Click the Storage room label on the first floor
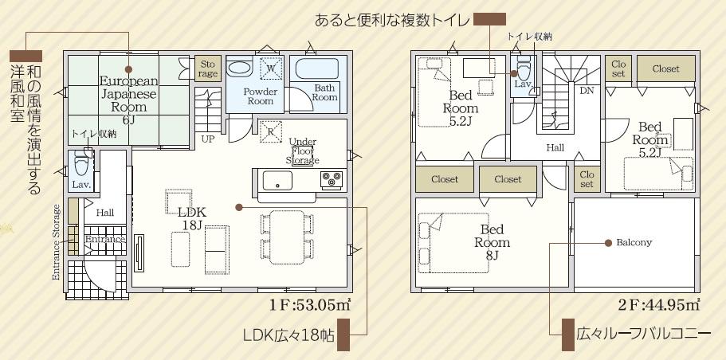coord(208,68)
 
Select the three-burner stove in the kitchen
coord(332,178)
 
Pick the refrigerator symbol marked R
coord(270,131)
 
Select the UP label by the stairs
coord(207,139)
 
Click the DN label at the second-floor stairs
coord(587,91)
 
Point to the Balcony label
coord(634,242)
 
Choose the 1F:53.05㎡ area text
coord(310,306)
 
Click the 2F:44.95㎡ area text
coord(658,306)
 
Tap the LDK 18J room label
coord(193,218)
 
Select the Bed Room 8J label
coord(492,242)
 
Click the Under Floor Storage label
coord(302,151)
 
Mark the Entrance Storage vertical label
coord(57,242)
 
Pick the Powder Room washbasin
coord(239,67)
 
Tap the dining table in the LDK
coord(287,237)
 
